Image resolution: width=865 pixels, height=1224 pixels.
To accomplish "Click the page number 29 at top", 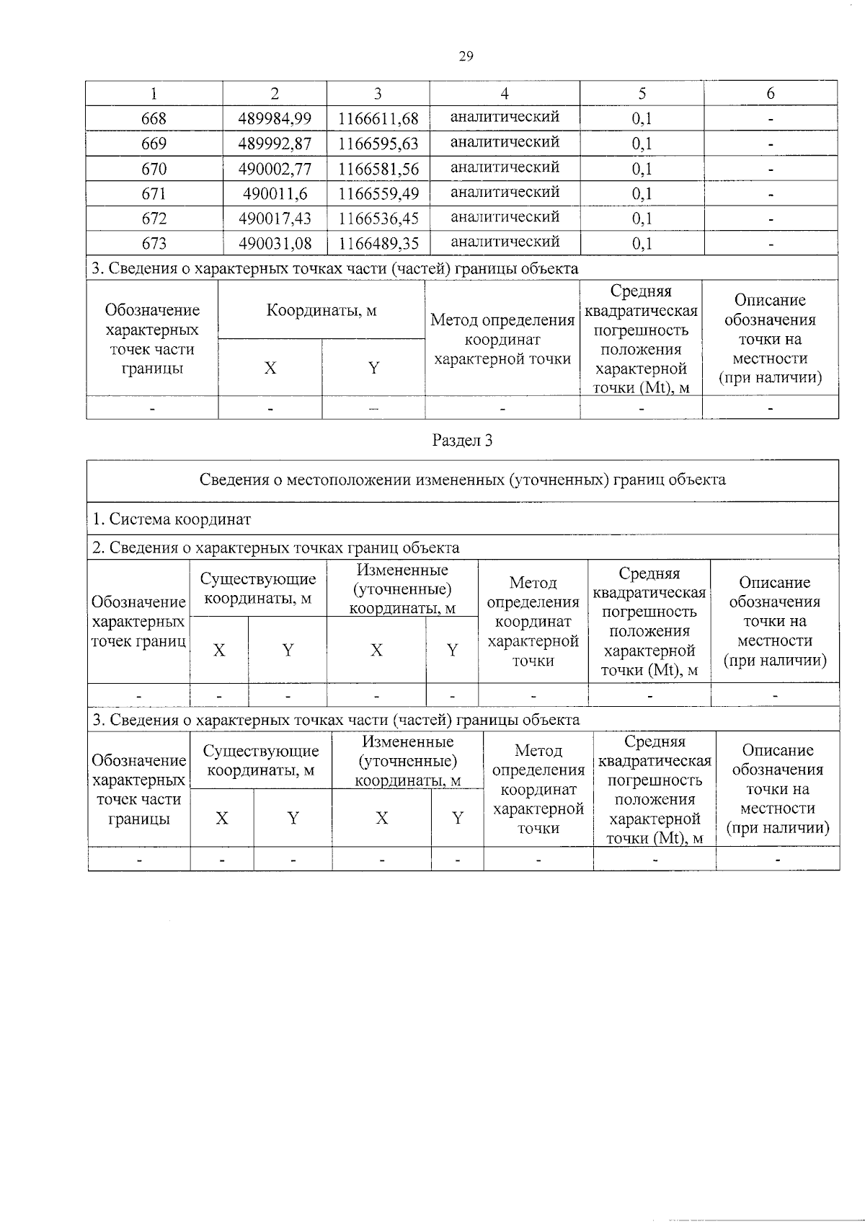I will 466,56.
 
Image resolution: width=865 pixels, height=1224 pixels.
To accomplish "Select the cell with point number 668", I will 154,118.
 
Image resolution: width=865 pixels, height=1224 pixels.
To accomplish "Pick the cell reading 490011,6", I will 275,193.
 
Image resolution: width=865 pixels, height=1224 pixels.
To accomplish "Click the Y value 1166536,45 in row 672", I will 378,218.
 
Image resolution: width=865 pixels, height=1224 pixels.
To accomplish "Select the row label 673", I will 154,243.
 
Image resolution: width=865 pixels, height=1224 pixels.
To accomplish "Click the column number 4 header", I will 505,94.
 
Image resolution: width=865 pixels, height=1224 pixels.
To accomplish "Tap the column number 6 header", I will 770,94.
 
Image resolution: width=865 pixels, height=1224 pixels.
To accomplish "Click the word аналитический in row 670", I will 505,167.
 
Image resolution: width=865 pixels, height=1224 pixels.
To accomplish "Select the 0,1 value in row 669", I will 642,144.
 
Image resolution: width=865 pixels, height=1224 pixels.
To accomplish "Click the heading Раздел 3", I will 462,441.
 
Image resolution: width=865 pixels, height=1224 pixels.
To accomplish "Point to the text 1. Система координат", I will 172,519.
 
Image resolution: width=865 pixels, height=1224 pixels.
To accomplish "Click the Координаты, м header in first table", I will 321,311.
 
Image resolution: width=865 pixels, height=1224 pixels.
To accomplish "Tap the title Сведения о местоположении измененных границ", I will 462,480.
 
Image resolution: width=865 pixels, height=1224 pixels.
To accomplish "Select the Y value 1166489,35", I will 378,243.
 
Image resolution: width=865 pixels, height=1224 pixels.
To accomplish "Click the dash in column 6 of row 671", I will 770,193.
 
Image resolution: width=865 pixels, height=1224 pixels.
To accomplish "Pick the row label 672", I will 154,218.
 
